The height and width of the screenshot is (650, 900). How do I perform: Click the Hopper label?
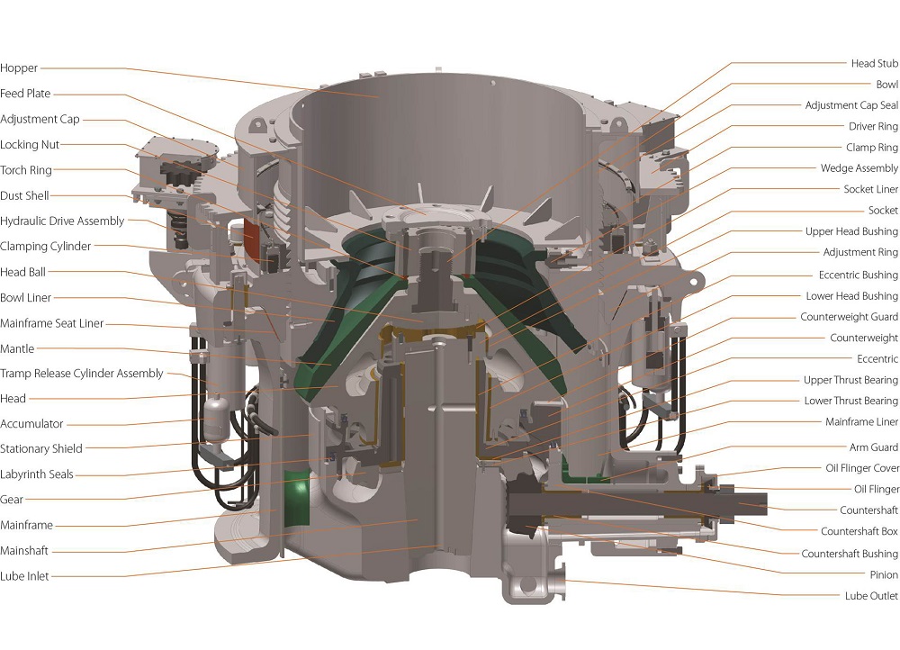coord(19,68)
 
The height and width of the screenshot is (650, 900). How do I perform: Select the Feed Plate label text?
coord(25,94)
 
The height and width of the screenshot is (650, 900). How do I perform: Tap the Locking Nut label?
coord(30,145)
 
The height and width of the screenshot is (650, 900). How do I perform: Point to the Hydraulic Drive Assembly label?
coord(62,221)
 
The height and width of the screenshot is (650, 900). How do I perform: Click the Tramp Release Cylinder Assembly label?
coord(82,374)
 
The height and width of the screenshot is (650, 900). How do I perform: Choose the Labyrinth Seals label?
coord(37,474)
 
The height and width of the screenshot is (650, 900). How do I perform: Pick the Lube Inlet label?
coord(24,576)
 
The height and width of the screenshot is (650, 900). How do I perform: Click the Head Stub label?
coord(874,64)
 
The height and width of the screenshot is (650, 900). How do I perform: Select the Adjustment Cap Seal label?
coord(850,105)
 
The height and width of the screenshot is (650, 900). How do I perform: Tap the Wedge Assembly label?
coord(859,168)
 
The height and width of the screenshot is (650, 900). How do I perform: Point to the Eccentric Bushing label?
coord(858,275)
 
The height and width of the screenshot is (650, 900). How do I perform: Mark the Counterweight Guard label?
coord(849,317)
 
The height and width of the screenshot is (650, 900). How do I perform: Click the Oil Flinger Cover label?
coord(861,468)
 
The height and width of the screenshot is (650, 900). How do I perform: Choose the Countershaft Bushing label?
coord(850,554)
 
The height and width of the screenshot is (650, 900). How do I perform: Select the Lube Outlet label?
coord(871,596)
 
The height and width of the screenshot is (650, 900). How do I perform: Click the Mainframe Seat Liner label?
coord(51,323)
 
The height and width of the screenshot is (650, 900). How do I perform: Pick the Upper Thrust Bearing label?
coord(850,380)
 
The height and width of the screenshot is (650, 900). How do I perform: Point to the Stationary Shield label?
coord(41,448)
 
